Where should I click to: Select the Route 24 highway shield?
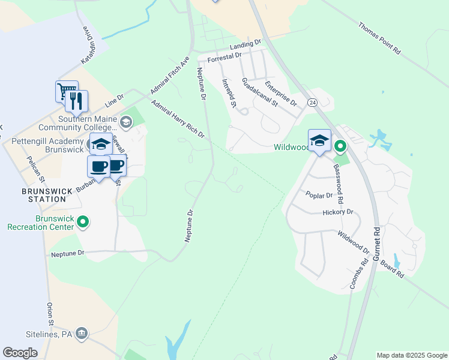pyautogui.click(x=313, y=103)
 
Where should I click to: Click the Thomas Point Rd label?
pyautogui.click(x=379, y=39)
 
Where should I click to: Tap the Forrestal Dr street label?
pyautogui.click(x=224, y=58)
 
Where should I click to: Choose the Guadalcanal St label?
pyautogui.click(x=260, y=92)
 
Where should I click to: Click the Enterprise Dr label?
pyautogui.click(x=281, y=93)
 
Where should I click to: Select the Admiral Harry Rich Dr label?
pyautogui.click(x=178, y=119)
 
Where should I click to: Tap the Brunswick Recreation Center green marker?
pyautogui.click(x=83, y=223)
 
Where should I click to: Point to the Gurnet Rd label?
pyautogui.click(x=377, y=244)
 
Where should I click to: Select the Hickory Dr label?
pyautogui.click(x=338, y=212)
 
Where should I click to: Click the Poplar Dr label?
pyautogui.click(x=319, y=196)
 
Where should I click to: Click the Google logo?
pyautogui.click(x=20, y=353)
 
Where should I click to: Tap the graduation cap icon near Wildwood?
pyautogui.click(x=319, y=141)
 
